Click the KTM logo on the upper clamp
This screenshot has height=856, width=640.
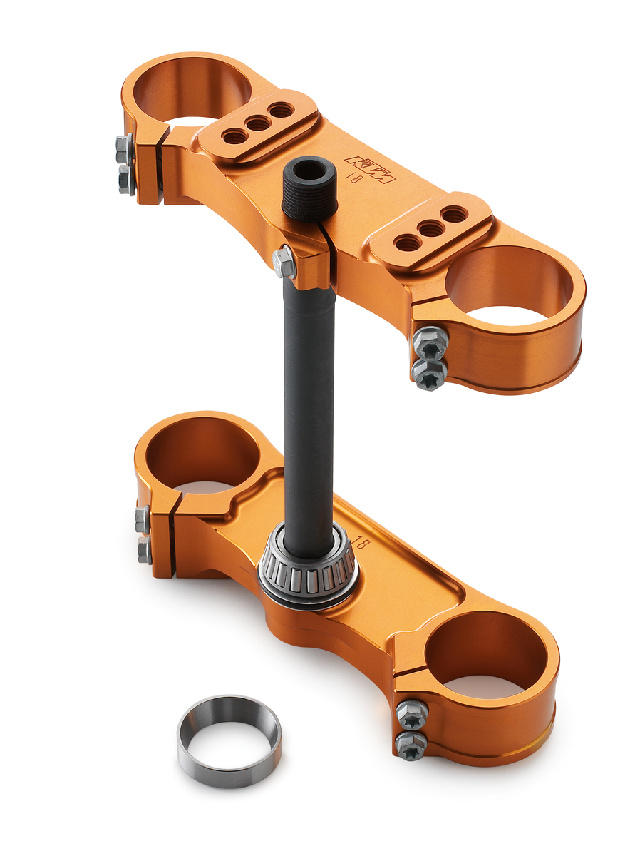tap(369, 169)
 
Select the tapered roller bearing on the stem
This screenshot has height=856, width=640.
tap(306, 567)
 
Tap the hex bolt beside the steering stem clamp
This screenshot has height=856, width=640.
tap(284, 262)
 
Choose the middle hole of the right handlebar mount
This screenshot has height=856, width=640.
tap(430, 229)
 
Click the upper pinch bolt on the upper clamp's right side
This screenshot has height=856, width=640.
tap(430, 343)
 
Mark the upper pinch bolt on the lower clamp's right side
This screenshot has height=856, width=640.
tap(411, 714)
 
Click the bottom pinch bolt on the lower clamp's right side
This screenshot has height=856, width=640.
tap(411, 745)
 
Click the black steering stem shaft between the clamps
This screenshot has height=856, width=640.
tap(309, 399)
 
